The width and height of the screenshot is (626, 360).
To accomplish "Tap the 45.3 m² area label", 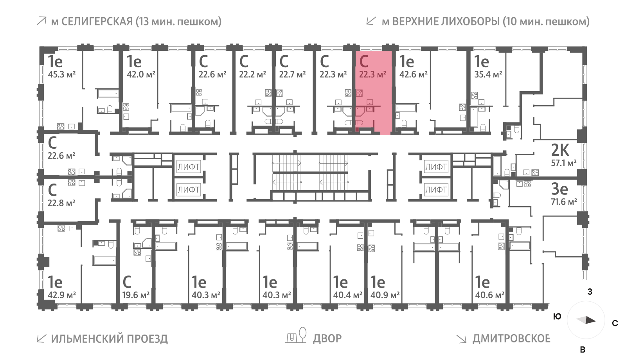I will coord(61,74).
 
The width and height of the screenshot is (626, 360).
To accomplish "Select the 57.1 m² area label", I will coord(563,163).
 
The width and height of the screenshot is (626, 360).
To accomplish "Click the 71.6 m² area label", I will coord(564,202).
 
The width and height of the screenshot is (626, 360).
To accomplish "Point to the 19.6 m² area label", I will coord(136,295).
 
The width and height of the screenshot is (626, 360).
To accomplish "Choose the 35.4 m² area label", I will coord(488,74).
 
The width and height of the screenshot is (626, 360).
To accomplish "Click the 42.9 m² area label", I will coord(61,295).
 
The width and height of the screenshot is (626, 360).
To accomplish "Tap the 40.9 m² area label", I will coord(385,295).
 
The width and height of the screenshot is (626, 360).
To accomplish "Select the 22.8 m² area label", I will coord(61,203).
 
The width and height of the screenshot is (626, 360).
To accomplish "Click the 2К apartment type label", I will coord(560,150).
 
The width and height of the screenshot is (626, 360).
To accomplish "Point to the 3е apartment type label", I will coord(559,189).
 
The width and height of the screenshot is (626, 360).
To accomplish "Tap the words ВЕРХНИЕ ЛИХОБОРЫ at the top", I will coord(446,22).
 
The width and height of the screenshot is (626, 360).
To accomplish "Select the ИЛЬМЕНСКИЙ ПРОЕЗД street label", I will coord(109,339).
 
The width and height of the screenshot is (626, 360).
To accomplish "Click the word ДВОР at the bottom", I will coord(327,338).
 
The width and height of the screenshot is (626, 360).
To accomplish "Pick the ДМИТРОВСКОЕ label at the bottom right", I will coord(511,338).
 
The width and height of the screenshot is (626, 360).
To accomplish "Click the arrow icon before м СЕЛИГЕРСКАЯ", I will coord(41,21).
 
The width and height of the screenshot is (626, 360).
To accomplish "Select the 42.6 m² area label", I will coord(413,74).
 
